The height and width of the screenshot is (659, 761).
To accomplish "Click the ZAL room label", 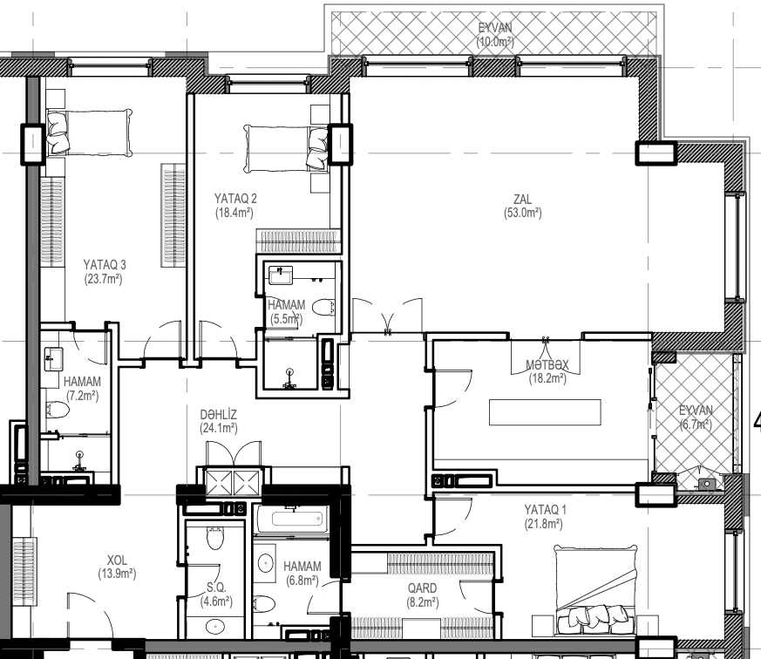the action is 523,199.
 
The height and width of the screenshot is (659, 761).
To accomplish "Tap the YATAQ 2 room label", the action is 235,199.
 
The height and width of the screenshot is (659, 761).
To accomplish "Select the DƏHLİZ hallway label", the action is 219,414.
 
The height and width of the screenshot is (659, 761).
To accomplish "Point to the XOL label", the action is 117,560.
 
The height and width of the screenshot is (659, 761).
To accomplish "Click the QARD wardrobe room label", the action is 422,588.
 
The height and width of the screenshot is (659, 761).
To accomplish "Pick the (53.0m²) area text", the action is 523,213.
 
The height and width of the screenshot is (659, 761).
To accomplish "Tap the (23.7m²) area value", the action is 103,279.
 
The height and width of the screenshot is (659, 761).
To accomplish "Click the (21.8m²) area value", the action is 544,524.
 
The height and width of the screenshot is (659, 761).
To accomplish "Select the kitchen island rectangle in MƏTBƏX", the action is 545,412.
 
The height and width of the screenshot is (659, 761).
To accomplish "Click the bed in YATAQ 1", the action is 595,589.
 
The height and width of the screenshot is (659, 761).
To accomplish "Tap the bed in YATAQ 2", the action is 286,148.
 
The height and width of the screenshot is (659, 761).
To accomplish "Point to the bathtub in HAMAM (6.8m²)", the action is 291,520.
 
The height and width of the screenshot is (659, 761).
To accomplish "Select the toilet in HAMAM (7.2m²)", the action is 58,410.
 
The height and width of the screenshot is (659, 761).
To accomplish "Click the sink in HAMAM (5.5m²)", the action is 281,275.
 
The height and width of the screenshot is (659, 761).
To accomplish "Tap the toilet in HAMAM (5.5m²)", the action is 323,308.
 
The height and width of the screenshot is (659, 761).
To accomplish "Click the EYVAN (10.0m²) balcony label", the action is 495,35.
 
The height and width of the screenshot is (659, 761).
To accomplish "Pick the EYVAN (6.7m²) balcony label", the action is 696,418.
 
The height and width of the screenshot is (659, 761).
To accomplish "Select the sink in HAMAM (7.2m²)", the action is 53,359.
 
